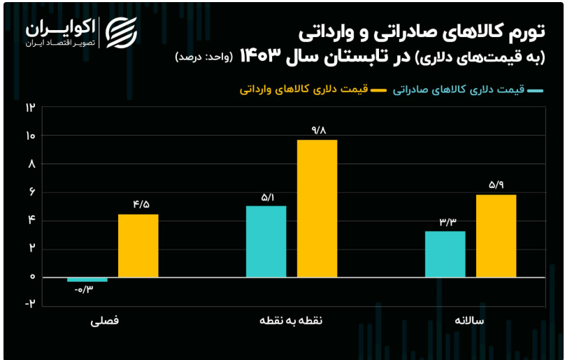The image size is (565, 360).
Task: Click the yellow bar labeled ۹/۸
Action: click(x=317, y=208)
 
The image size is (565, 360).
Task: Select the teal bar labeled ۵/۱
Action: click(x=266, y=241)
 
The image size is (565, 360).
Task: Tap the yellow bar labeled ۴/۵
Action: click(x=138, y=246)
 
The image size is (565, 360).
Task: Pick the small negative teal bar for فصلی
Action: click(x=87, y=280)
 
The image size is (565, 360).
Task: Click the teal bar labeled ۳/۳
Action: click(x=445, y=254)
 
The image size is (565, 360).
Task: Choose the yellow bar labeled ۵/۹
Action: click(x=496, y=236)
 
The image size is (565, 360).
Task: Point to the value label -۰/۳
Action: click(x=84, y=289)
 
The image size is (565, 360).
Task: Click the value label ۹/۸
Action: click(x=317, y=131)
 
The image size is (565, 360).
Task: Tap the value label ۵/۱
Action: click(x=267, y=197)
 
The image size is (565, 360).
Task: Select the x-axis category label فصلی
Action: click(x=104, y=320)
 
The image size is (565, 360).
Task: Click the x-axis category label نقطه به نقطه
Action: click(x=291, y=320)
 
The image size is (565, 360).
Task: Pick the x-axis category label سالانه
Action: click(x=469, y=320)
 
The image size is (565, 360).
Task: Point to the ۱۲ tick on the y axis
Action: click(x=30, y=107)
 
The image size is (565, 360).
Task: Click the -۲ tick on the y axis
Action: click(x=30, y=303)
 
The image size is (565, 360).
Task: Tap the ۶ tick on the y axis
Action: click(x=32, y=192)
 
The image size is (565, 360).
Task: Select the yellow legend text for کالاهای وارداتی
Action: click(x=303, y=89)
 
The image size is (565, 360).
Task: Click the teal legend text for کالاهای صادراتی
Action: click(x=459, y=89)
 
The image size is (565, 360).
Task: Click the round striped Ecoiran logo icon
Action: click(x=122, y=32)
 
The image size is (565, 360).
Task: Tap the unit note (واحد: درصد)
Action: click(x=204, y=57)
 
